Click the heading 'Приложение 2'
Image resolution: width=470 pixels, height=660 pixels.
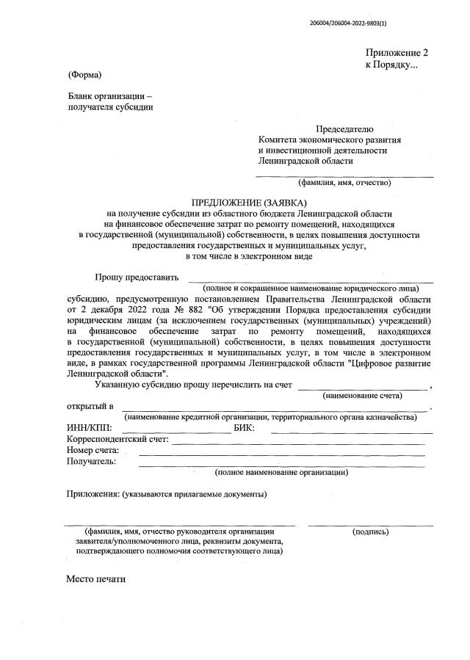(x=397, y=53)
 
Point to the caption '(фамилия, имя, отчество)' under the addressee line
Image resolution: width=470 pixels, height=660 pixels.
(x=344, y=182)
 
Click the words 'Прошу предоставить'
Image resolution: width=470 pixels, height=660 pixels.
(x=137, y=277)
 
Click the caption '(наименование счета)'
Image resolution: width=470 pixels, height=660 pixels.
(x=363, y=395)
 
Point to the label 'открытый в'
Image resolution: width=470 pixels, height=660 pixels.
(x=90, y=406)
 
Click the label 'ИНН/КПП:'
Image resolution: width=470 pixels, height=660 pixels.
(x=88, y=429)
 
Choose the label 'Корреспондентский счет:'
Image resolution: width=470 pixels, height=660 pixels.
(x=117, y=440)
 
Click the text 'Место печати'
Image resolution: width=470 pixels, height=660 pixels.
(x=96, y=579)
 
